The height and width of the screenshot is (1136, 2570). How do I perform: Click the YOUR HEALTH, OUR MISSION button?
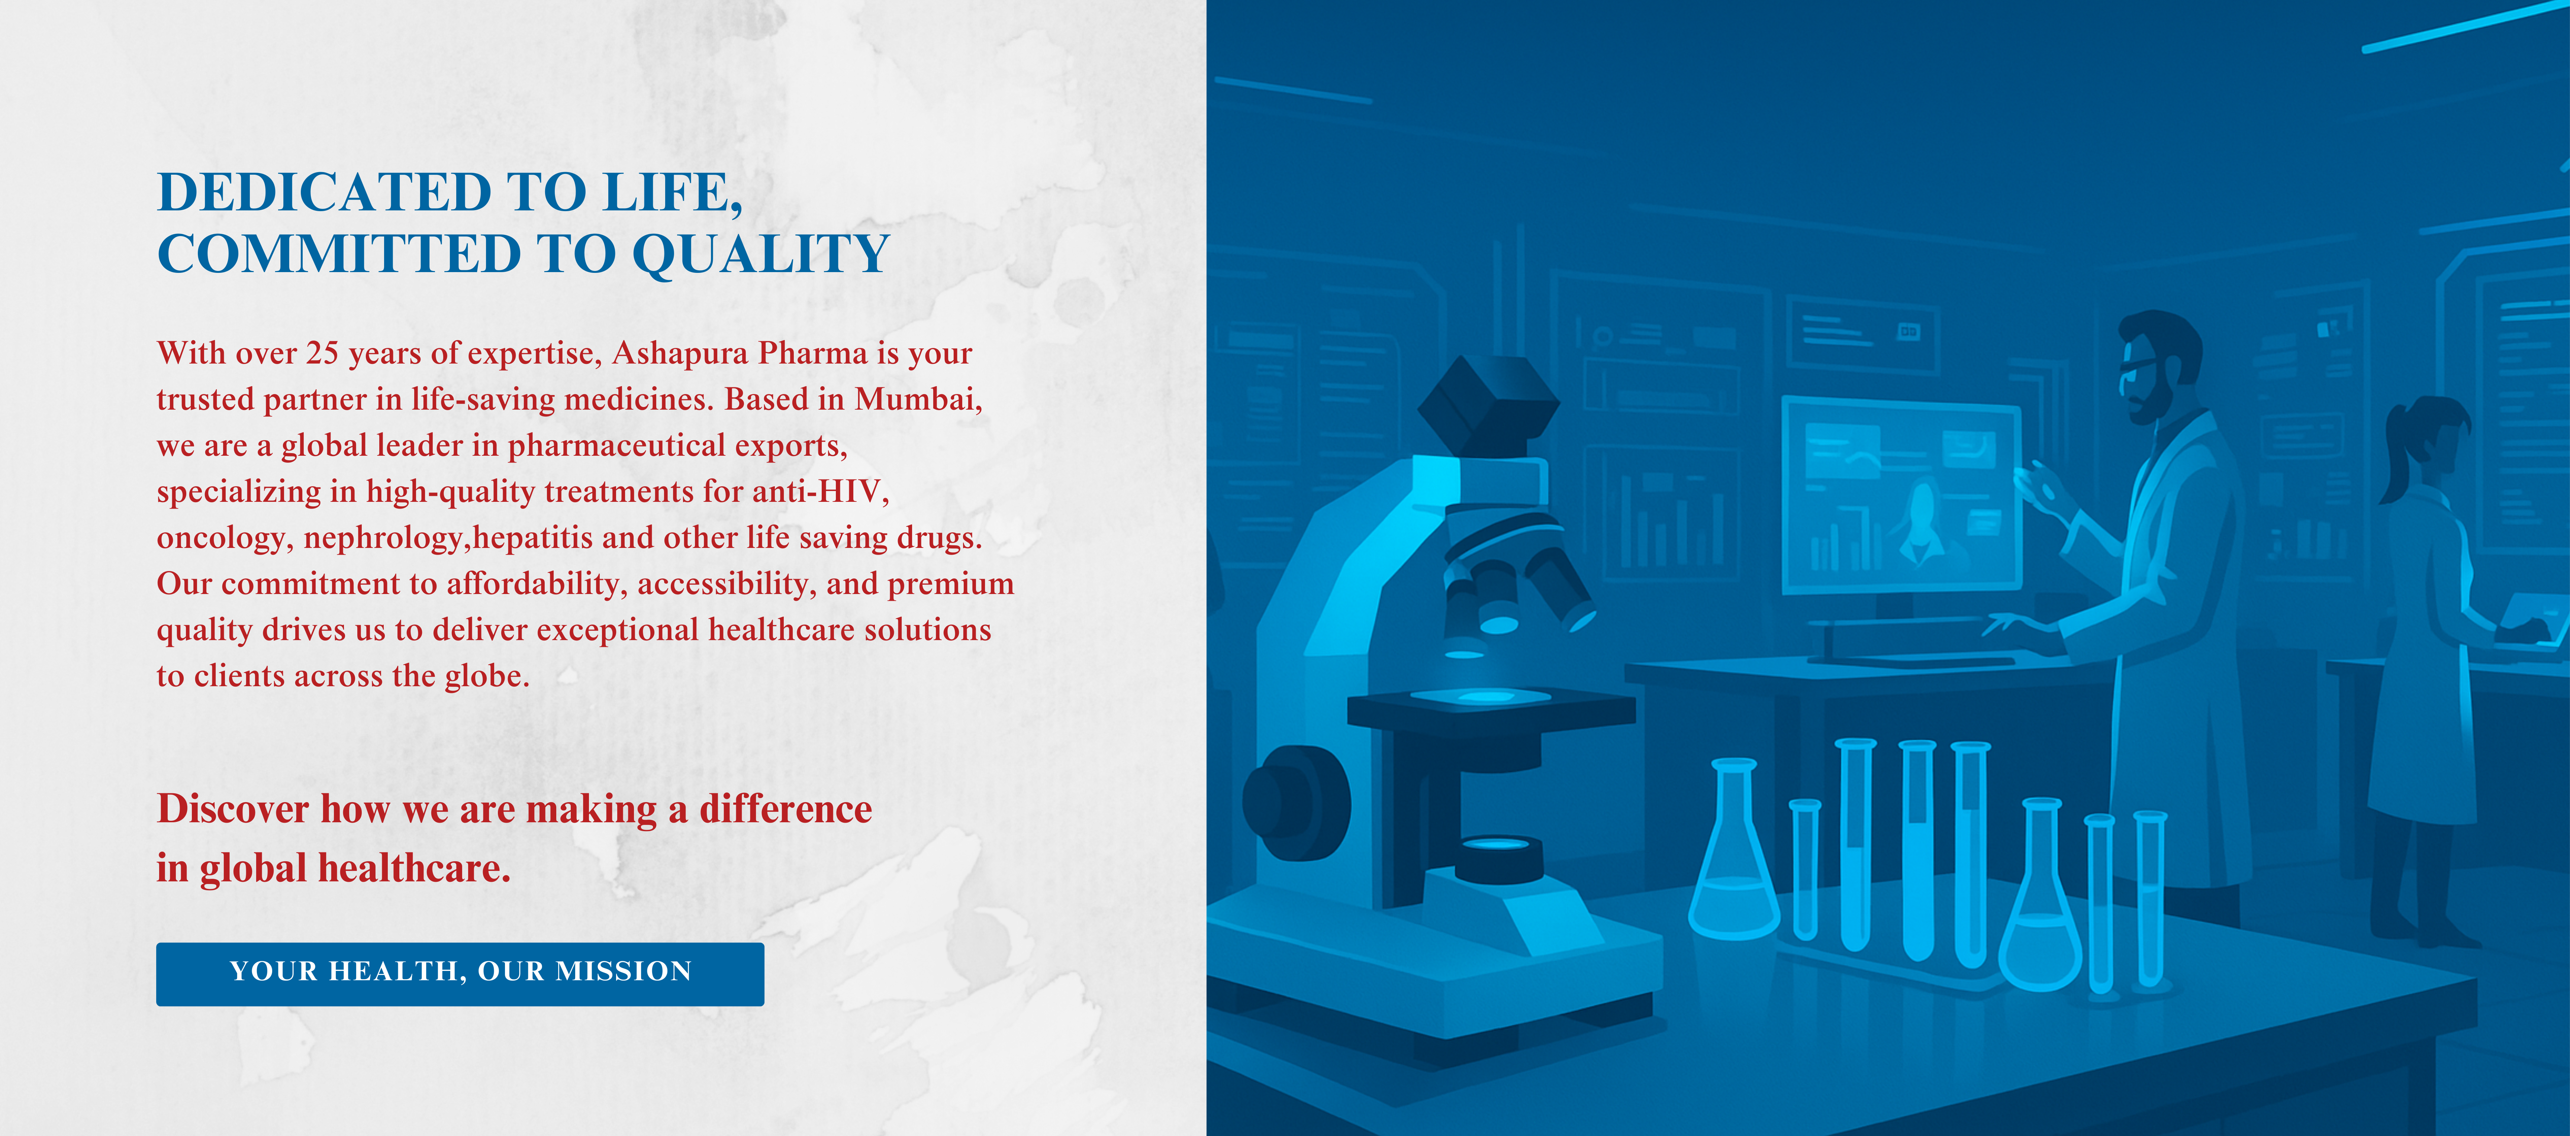(460, 974)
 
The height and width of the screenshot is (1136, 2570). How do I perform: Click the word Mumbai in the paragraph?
(918, 400)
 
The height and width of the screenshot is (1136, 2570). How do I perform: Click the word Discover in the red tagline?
(232, 809)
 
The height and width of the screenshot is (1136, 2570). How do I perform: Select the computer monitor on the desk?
(1901, 494)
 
